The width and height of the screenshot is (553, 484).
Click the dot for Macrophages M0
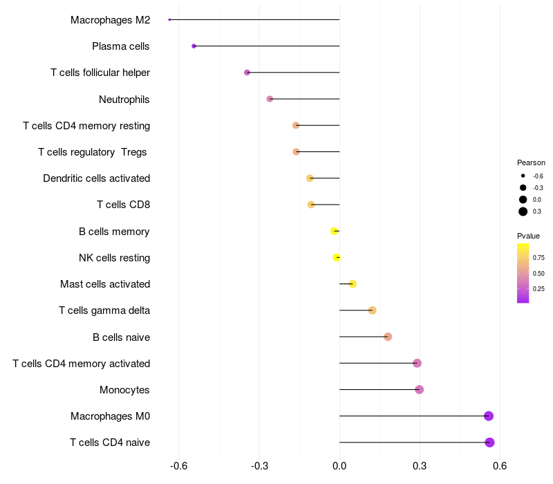tap(489, 416)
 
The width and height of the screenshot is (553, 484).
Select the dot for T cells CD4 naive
tap(489, 443)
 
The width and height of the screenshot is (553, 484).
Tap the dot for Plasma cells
tap(194, 46)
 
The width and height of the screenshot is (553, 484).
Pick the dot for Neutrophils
tap(270, 99)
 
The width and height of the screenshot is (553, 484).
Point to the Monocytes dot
tap(419, 390)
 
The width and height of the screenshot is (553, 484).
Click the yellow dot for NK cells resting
tap(337, 258)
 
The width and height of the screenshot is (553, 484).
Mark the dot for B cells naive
tap(388, 337)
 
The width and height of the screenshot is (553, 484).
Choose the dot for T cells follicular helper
tap(247, 73)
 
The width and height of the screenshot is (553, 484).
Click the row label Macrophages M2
tap(110, 20)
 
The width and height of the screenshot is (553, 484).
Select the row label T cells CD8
tap(123, 205)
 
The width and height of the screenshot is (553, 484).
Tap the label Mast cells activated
tap(105, 284)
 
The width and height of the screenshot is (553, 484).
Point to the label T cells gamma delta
tap(104, 310)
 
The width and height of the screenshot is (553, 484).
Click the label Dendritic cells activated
tap(96, 178)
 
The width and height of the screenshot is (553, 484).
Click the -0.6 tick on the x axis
tap(179, 466)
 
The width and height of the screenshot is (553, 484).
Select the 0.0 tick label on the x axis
tap(339, 466)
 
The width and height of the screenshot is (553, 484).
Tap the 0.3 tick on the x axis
tap(420, 466)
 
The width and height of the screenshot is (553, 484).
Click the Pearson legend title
tap(531, 162)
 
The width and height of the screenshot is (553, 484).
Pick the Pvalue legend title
tap(529, 236)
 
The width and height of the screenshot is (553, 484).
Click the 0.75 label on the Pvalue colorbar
tap(538, 258)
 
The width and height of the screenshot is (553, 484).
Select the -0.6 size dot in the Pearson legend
tap(523, 176)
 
